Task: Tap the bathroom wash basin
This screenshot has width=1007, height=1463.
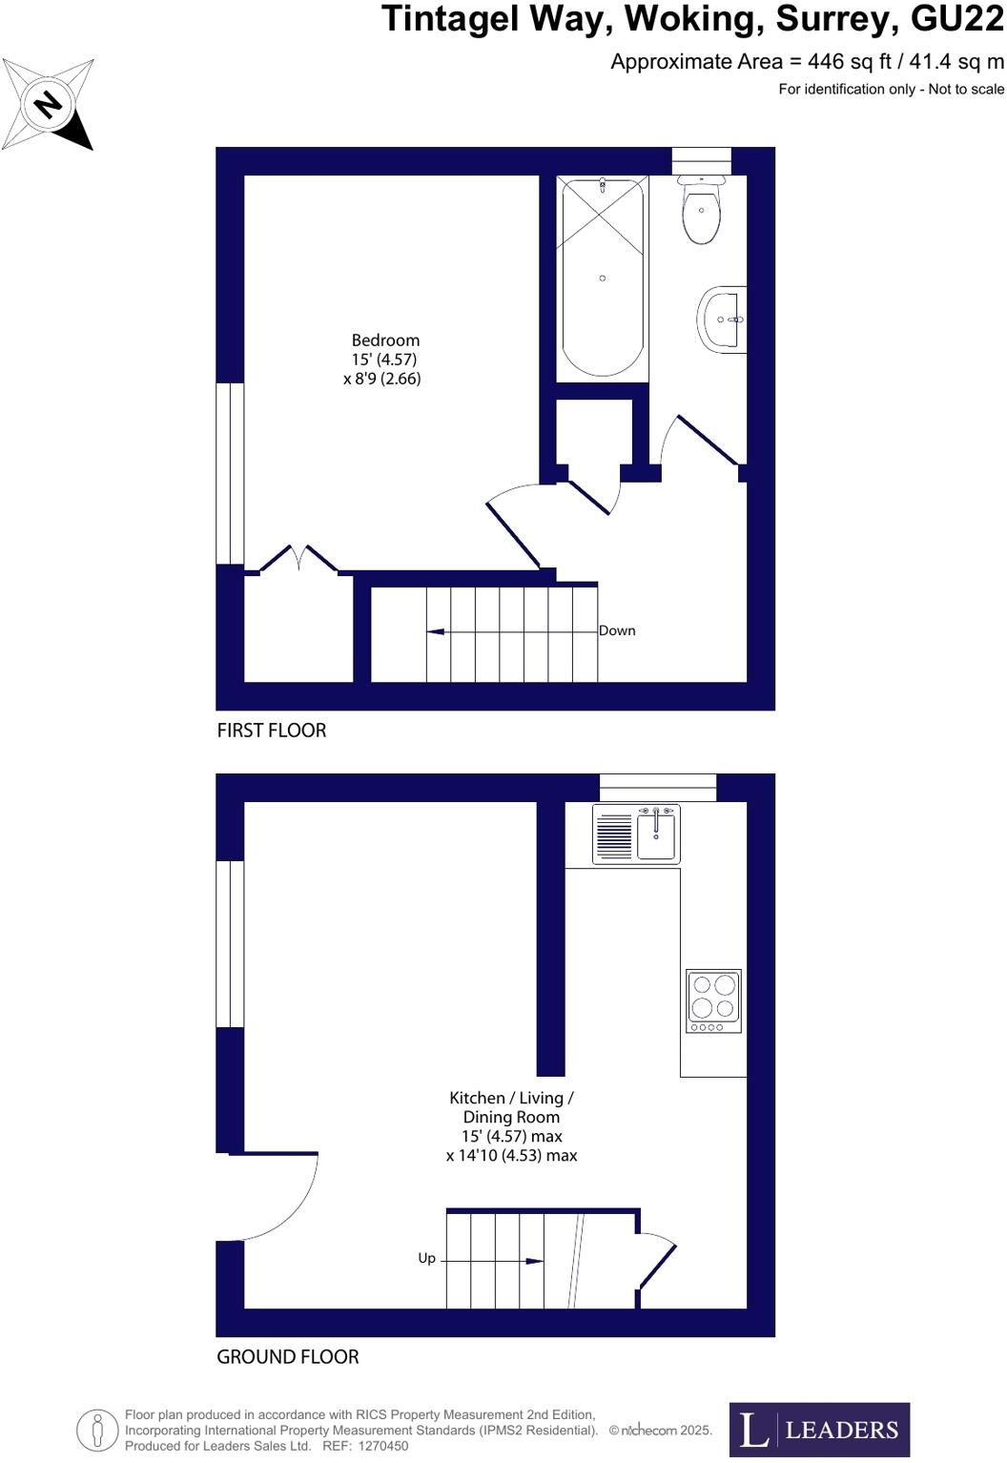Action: click(x=722, y=319)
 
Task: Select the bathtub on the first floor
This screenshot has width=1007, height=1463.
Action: click(x=602, y=277)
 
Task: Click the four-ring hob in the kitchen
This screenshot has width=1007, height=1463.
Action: click(x=713, y=1000)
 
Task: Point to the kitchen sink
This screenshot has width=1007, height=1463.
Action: click(x=656, y=835)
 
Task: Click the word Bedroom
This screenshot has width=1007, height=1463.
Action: click(x=385, y=340)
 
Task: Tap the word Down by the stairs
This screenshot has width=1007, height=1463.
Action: click(x=617, y=630)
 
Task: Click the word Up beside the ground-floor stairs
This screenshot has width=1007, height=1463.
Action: click(x=426, y=1259)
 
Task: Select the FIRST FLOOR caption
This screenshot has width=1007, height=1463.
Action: click(x=272, y=731)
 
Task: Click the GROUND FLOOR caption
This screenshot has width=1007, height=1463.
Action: click(x=288, y=1357)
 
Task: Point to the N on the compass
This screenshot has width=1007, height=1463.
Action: click(x=48, y=104)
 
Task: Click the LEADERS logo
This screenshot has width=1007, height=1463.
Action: click(x=819, y=1429)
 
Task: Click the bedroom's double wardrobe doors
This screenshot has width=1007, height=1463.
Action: click(x=298, y=557)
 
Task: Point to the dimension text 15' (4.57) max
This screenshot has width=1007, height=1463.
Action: click(x=511, y=1137)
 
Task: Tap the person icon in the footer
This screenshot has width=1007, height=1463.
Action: click(x=97, y=1429)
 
